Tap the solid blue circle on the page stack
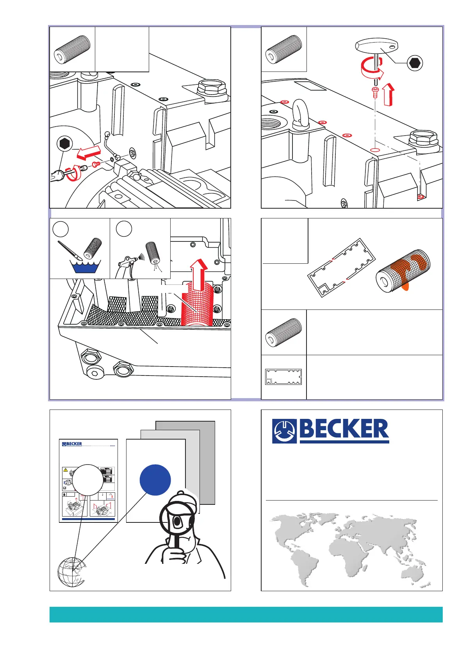click(155, 480)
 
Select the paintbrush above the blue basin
click(71, 250)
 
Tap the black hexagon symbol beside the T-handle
click(415, 63)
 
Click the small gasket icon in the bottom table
click(283, 377)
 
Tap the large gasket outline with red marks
click(342, 268)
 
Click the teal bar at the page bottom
click(246, 614)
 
